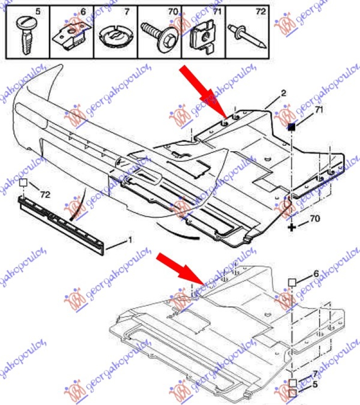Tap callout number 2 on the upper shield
pyautogui.click(x=283, y=94)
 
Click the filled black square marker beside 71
pyautogui.click(x=292, y=127)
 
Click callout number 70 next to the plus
pyautogui.click(x=315, y=219)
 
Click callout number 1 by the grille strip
pyautogui.click(x=130, y=240)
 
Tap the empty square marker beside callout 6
pyautogui.click(x=292, y=282)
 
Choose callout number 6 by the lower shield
pyautogui.click(x=316, y=273)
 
